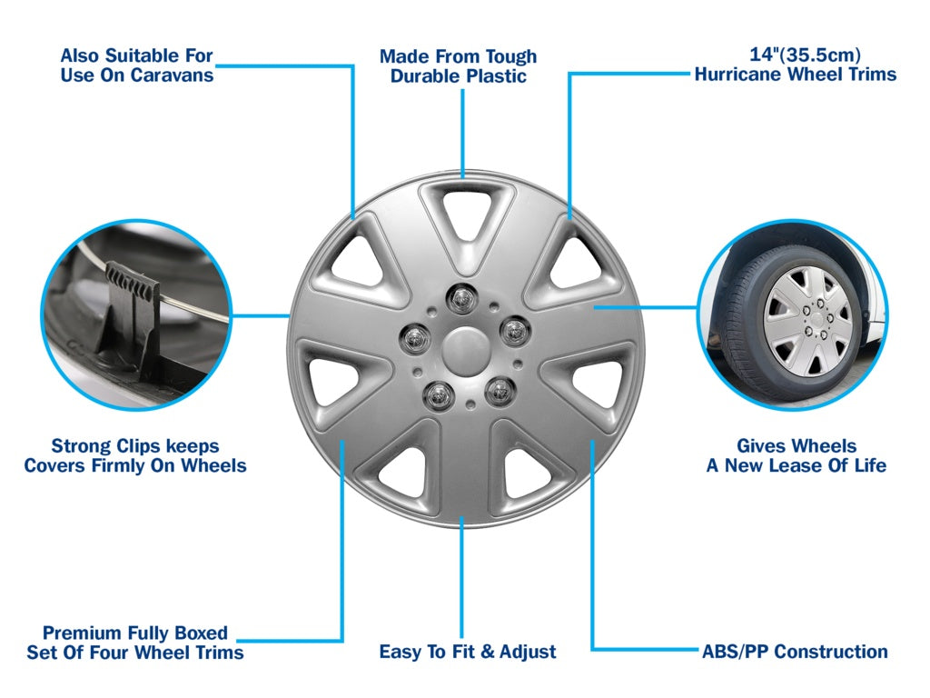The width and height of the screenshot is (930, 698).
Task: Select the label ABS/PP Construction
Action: click(x=795, y=652)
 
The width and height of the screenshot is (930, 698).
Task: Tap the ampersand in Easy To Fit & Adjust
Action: click(x=486, y=653)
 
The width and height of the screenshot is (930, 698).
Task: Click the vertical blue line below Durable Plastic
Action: click(x=462, y=132)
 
